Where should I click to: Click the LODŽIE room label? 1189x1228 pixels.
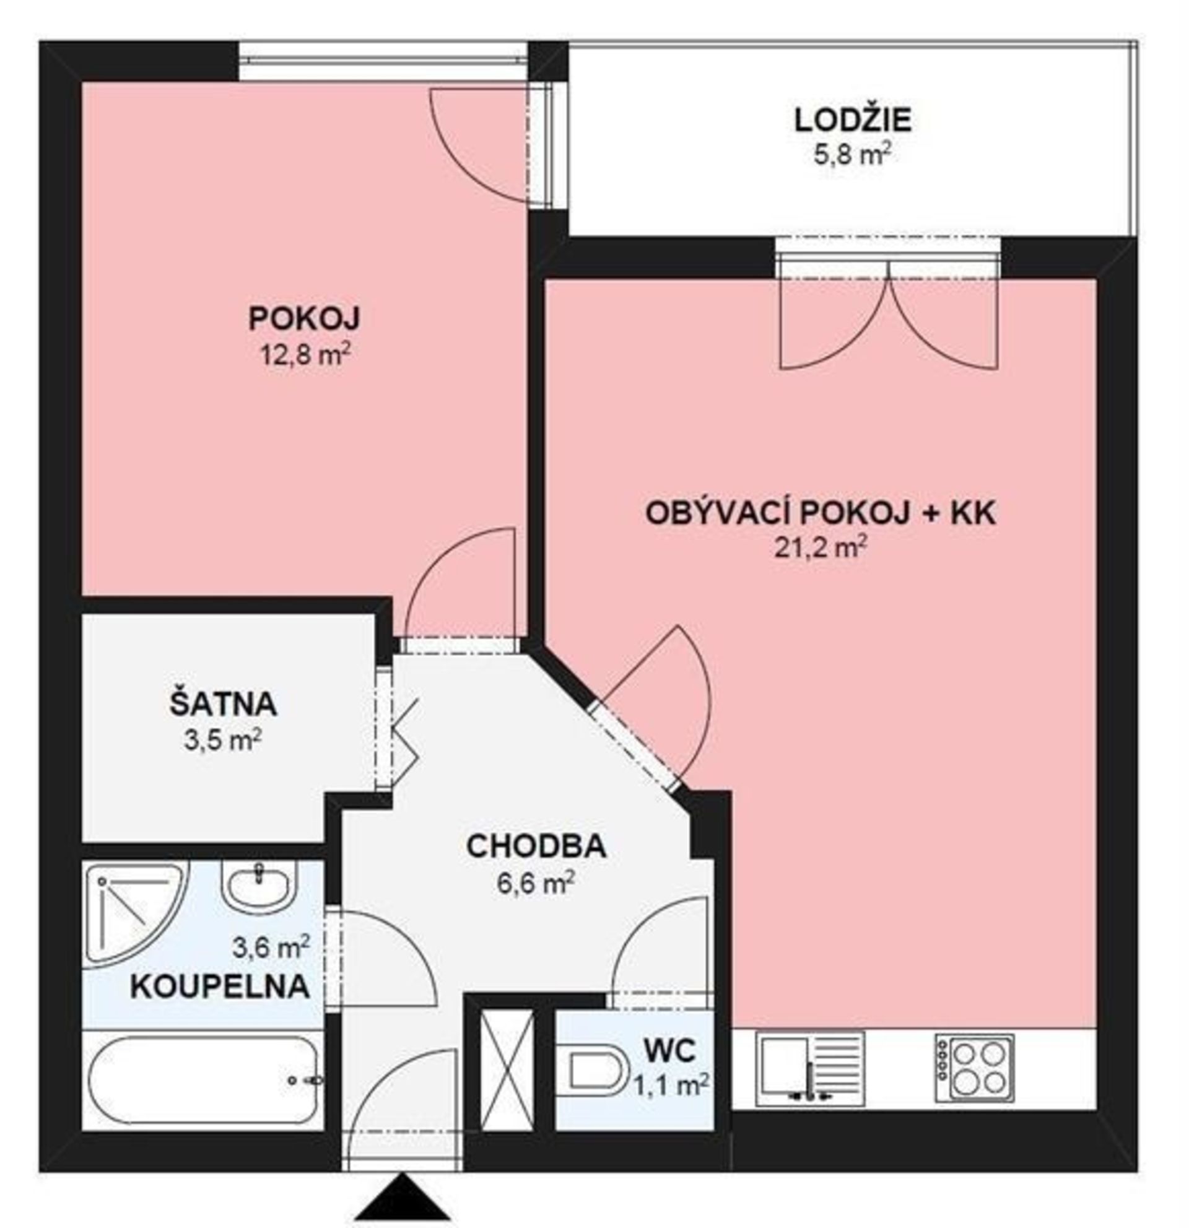click(853, 120)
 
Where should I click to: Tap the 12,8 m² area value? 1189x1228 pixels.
click(305, 355)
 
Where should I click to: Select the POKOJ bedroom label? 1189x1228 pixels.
click(305, 318)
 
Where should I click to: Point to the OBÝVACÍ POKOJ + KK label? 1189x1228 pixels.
click(821, 513)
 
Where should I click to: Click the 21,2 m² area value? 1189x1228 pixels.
click(821, 548)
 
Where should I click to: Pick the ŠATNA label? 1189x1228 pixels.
click(223, 704)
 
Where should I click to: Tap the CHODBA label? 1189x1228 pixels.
click(536, 846)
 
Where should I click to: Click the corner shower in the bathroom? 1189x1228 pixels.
click(134, 912)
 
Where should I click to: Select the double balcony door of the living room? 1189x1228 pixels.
click(888, 313)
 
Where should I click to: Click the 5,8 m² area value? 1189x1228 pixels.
click(853, 154)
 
